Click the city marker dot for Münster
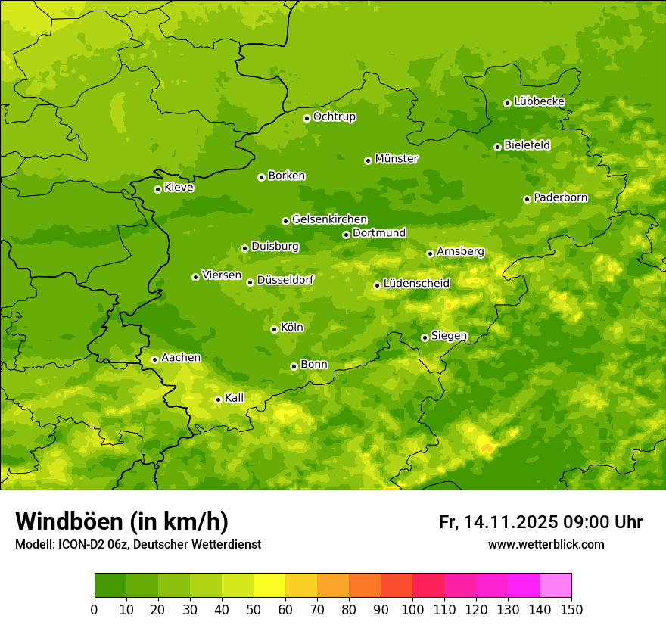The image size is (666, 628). coord(368,160)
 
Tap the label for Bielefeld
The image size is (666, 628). coord(527,145)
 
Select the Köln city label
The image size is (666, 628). coord(292,328)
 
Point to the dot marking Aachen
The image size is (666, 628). coord(154,359)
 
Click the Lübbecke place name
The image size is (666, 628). coord(539,101)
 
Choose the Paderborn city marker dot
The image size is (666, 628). coord(527,199)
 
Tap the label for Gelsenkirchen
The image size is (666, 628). coord(329,219)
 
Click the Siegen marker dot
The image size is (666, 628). coord(425,337)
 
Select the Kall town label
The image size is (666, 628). coord(234,398)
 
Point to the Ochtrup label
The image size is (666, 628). coord(334,117)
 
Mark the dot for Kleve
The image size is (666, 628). coord(157,189)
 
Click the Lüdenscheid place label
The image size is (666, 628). coord(416,284)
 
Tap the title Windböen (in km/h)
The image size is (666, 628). coord(121,521)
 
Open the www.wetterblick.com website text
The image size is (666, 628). coord(546,544)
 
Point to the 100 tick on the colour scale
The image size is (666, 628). coord(412,609)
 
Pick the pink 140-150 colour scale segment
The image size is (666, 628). coord(556,586)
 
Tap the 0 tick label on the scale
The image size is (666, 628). coord(95,609)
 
